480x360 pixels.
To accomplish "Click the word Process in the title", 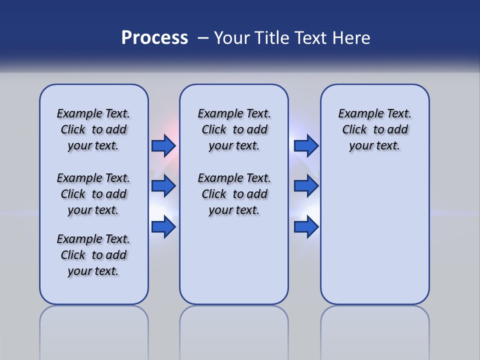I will [154, 38].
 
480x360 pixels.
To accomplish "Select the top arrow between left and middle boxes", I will [163, 145].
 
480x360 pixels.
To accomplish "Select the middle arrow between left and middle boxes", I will [163, 186].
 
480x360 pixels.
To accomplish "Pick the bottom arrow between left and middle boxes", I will [163, 227].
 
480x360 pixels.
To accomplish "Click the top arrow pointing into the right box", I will [306, 145].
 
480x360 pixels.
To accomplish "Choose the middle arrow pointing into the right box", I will [306, 186].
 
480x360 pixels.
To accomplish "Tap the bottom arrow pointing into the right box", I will [306, 227].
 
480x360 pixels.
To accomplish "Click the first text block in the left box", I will [93, 129].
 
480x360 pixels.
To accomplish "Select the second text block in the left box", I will [93, 194].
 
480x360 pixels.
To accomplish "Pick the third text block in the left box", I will [93, 255].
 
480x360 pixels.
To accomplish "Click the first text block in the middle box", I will [234, 129].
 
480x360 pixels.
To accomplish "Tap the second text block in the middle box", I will [234, 194].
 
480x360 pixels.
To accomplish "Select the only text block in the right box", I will [374, 129].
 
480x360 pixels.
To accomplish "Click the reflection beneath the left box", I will [94, 330].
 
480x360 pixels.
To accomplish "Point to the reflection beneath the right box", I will [374, 330].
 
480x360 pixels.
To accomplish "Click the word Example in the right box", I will [358, 113].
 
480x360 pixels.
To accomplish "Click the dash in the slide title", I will [203, 38].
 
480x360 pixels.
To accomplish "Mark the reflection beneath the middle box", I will [234, 330].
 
